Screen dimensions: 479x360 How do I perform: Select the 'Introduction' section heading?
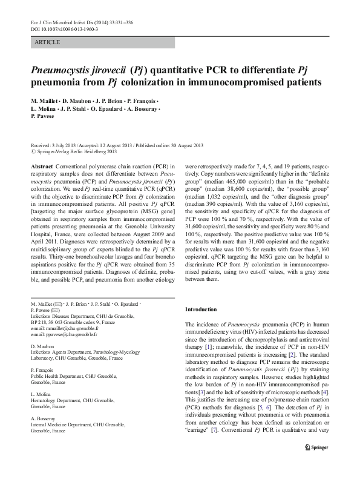(x=200, y=309)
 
